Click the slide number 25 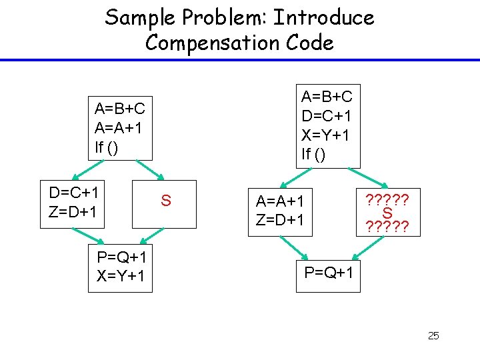pyautogui.click(x=433, y=335)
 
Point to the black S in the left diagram pyautogui.click(x=166, y=201)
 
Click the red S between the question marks pyautogui.click(x=387, y=214)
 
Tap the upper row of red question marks pyautogui.click(x=387, y=199)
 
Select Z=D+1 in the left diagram pyautogui.click(x=74, y=212)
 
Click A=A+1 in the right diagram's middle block pyautogui.click(x=284, y=200)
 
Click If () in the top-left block pyautogui.click(x=107, y=147)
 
